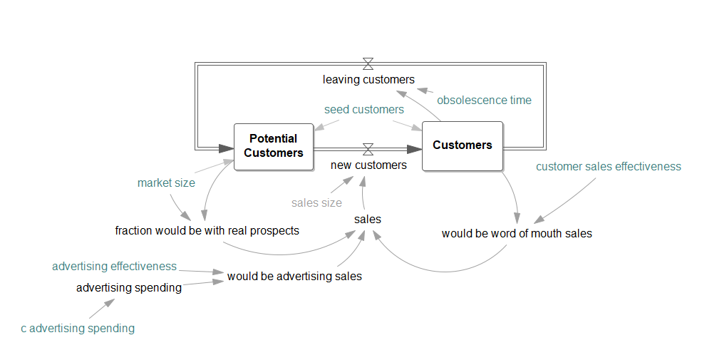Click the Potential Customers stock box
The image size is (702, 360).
point(274,146)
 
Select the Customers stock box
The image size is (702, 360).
point(462,145)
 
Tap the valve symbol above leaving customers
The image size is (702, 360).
point(368,63)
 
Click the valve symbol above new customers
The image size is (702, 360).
point(368,149)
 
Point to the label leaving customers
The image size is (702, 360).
point(368,80)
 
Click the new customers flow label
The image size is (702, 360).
point(368,165)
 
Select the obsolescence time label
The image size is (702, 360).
point(484,101)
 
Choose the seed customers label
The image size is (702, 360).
point(363,110)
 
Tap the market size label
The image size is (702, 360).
point(166,183)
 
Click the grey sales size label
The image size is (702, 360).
point(316,202)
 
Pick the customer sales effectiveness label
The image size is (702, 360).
point(608,167)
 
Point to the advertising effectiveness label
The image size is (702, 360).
point(114,267)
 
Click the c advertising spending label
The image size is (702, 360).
point(78,329)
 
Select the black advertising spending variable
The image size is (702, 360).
point(129,288)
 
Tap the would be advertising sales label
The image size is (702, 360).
point(294,277)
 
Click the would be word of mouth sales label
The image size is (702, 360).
point(517,233)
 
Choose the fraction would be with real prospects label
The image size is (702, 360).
point(207,231)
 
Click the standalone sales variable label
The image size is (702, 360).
point(368,220)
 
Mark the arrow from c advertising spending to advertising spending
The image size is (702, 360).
point(101,309)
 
